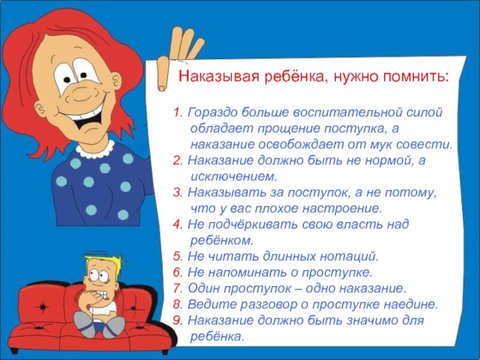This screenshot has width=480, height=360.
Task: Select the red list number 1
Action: pos(178,113)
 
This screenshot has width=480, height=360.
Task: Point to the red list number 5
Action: pos(177,257)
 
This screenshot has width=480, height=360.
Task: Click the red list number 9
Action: pos(177,321)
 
